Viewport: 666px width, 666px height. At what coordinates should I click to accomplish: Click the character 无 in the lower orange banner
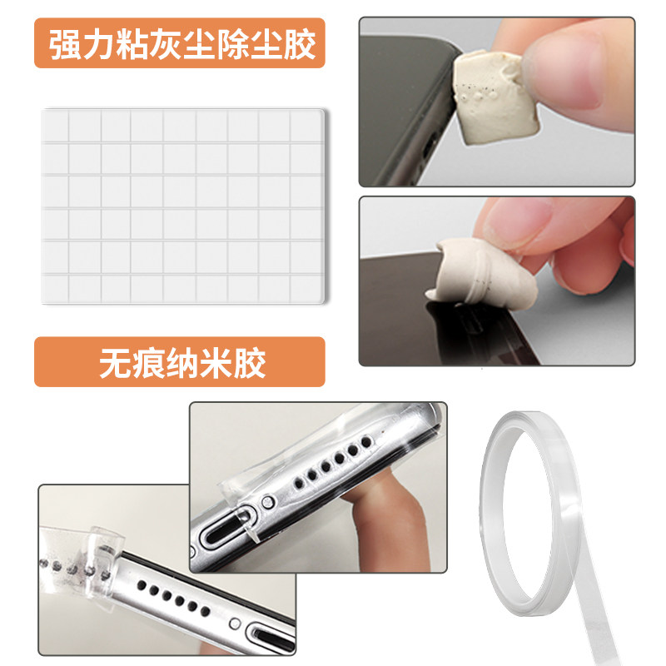pyautogui.click(x=116, y=363)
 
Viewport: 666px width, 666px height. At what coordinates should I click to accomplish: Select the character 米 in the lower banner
pyautogui.click(x=216, y=363)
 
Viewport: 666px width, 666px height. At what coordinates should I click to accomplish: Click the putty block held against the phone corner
pyautogui.click(x=495, y=96)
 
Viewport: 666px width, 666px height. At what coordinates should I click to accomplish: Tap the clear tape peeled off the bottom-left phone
pyautogui.click(x=81, y=560)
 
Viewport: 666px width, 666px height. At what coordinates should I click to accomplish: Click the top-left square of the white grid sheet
pyautogui.click(x=55, y=126)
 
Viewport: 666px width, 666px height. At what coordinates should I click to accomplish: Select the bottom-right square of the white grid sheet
pyautogui.click(x=306, y=289)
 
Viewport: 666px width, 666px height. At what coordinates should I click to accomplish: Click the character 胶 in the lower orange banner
pyautogui.click(x=249, y=363)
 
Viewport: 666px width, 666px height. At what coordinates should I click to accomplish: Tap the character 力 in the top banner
pyautogui.click(x=98, y=44)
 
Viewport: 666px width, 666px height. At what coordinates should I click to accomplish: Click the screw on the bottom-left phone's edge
pyautogui.click(x=235, y=623)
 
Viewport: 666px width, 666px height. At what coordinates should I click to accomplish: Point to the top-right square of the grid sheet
pyautogui.click(x=306, y=126)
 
